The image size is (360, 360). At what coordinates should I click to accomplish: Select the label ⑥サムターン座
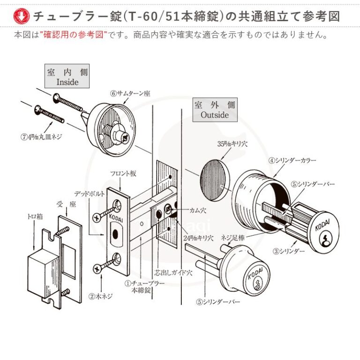pyautogui.click(x=130, y=93)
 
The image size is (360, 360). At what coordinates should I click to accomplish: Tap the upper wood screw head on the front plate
pyautogui.click(x=99, y=217)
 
